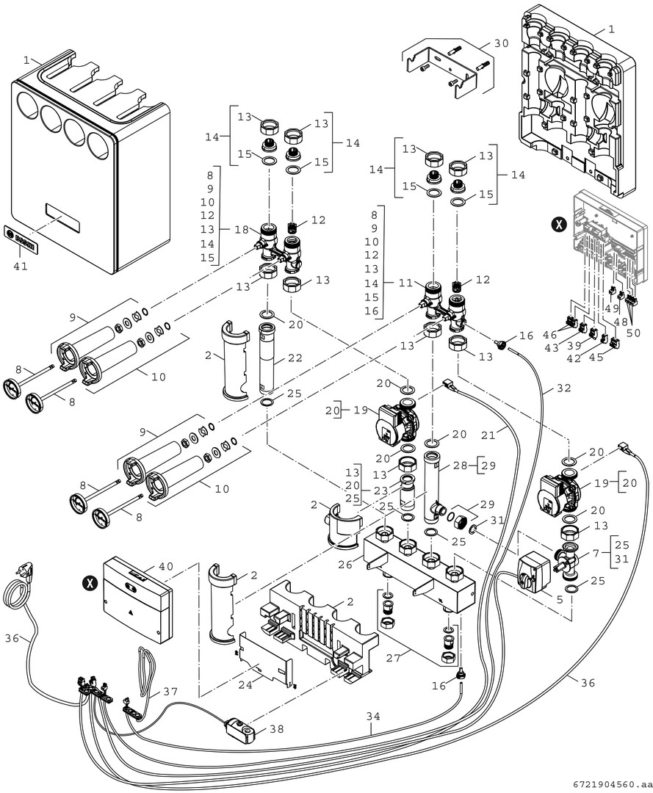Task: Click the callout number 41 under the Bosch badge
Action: (21, 266)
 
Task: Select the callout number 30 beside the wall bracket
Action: (501, 43)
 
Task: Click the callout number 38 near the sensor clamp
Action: (275, 730)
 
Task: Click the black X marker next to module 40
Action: (90, 583)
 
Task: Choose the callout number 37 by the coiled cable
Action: (170, 691)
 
